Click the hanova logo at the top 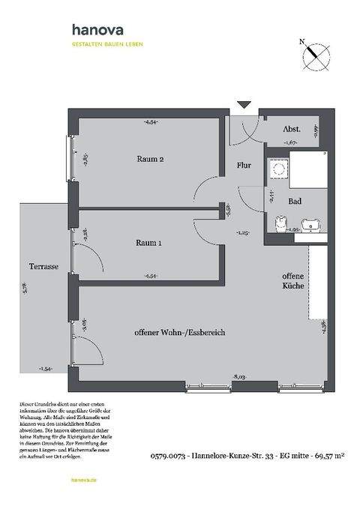98,30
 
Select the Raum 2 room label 150,159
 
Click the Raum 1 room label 149,243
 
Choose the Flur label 244,165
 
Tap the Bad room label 295,202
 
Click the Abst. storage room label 292,129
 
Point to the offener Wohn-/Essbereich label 180,332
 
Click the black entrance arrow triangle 242,104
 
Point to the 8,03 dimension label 240,376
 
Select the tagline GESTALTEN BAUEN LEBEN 107,44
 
